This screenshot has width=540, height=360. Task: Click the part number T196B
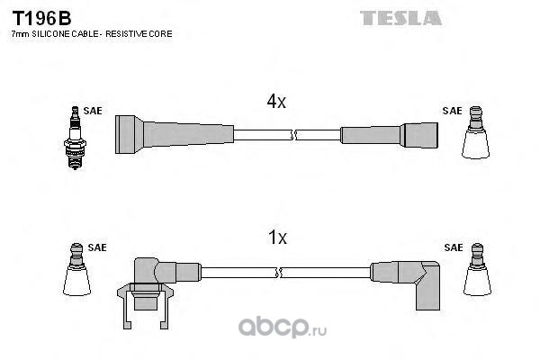click(41, 18)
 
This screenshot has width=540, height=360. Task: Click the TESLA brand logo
click(400, 18)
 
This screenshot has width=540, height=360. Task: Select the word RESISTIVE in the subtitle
click(127, 34)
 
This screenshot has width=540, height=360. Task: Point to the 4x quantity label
click(276, 102)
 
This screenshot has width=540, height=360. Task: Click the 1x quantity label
click(277, 238)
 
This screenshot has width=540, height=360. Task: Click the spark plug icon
click(75, 138)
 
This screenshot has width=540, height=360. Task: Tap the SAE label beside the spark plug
click(93, 111)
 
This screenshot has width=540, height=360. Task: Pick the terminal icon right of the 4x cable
click(475, 132)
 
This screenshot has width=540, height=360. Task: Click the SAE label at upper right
click(452, 111)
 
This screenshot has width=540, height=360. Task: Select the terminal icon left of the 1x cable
click(76, 269)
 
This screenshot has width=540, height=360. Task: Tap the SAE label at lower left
click(97, 247)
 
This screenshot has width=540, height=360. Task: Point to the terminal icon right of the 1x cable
click(477, 269)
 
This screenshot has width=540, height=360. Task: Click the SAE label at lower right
click(454, 247)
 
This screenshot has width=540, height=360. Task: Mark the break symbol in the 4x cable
click(293, 135)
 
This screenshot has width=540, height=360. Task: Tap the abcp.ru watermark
click(283, 328)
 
